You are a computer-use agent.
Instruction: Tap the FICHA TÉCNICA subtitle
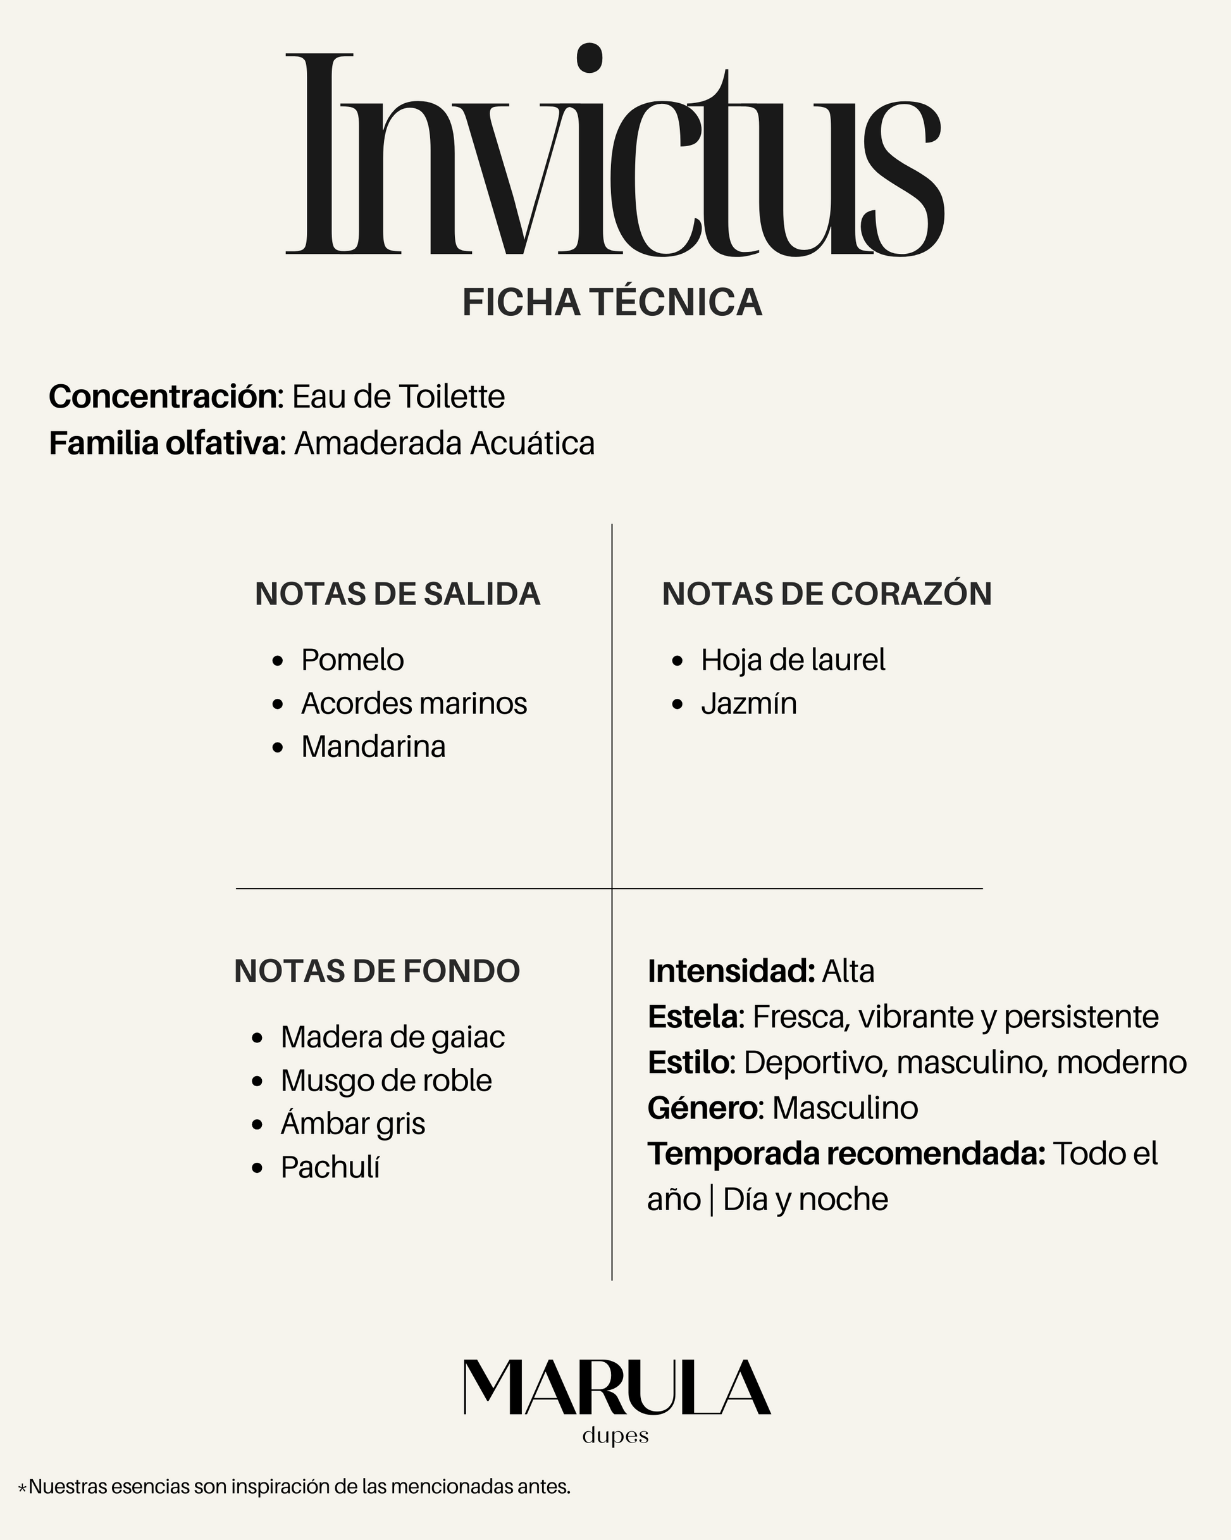(x=612, y=302)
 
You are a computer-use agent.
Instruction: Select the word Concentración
(x=163, y=396)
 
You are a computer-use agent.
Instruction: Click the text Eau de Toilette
(x=399, y=396)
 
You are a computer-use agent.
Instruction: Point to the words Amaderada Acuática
(x=444, y=443)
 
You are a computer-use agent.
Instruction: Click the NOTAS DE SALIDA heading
(x=397, y=594)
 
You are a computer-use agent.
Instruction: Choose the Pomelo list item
(x=352, y=660)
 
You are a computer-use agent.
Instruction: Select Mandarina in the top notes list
(x=373, y=747)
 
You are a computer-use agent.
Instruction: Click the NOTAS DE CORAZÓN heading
(x=826, y=594)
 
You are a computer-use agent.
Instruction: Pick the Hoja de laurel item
(x=793, y=660)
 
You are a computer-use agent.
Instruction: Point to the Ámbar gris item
(x=353, y=1124)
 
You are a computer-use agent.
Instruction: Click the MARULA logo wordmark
(x=616, y=1387)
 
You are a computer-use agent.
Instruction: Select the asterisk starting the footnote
(x=22, y=1489)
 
